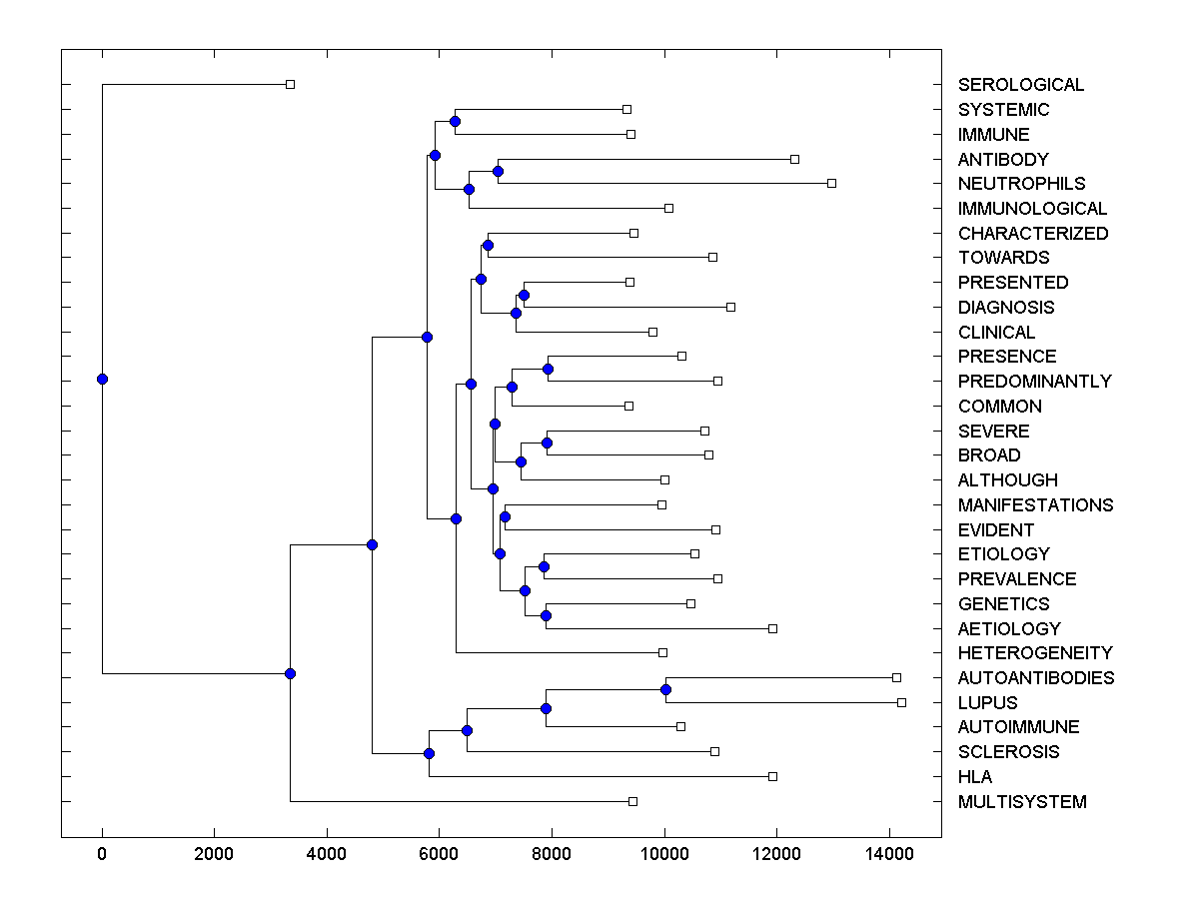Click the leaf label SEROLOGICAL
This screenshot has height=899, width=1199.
tap(1021, 85)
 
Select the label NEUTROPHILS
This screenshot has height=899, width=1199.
tap(1021, 184)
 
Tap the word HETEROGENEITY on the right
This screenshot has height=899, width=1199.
tap(1035, 653)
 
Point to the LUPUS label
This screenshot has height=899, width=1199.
tap(987, 702)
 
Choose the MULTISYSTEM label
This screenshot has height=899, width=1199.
tap(1022, 801)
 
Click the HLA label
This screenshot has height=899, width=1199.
tap(975, 776)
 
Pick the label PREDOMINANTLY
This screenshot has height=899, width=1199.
tap(1034, 381)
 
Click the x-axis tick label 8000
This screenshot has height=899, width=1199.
tap(551, 853)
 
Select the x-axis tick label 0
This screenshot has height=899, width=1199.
tap(102, 853)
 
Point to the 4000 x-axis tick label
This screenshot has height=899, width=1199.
tap(326, 853)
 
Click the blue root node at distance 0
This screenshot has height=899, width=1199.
tap(102, 379)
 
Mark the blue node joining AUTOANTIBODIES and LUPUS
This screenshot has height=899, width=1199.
tap(665, 689)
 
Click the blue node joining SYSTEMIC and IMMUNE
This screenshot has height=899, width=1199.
tap(455, 121)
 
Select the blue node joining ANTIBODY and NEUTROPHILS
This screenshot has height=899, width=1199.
tap(498, 171)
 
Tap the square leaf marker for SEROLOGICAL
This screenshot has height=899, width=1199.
tap(290, 84)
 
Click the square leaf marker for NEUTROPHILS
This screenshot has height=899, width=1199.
tap(831, 183)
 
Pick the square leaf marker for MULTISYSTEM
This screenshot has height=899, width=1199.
tap(632, 801)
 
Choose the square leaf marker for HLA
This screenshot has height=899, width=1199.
tap(772, 776)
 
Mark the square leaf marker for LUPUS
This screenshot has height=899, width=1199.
tap(901, 702)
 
